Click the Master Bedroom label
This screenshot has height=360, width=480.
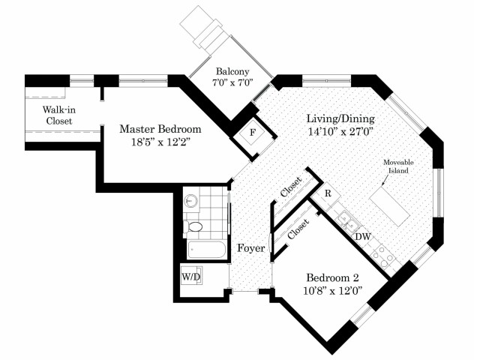pos(160,129)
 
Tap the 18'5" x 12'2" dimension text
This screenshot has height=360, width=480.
pos(161,142)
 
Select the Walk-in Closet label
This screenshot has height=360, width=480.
pos(59,115)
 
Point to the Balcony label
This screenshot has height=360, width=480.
pos(232,71)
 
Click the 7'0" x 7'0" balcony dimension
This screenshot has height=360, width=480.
pos(232,82)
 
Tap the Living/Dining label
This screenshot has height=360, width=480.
pos(340,118)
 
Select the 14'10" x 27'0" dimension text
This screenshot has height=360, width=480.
pos(340,132)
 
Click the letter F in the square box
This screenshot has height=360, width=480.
pos(253,133)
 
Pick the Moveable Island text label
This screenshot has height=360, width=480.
pos(398,166)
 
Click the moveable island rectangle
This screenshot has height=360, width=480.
pos(390,208)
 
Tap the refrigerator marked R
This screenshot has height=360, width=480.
pos(328,193)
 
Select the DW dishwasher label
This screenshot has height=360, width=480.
pos(363,237)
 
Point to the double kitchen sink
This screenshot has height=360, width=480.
pos(346,222)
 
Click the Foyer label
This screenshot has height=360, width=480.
pos(251,248)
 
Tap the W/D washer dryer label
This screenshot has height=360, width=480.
pos(191,277)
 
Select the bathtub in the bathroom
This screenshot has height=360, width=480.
pos(207,250)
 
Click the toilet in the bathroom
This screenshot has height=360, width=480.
pos(193,226)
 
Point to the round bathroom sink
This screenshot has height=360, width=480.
pos(191,201)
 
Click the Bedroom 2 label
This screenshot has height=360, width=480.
pos(332,277)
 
